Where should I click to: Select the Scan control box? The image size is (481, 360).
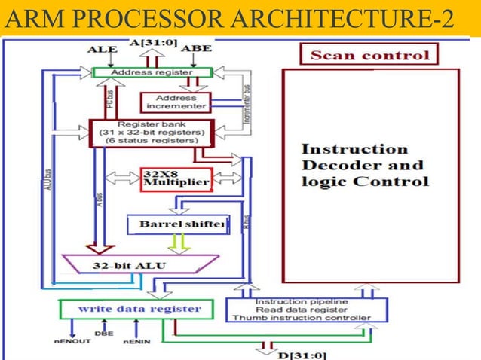pos(369,55)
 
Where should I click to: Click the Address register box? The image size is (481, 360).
pos(152,72)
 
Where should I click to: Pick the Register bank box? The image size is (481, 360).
pos(152,133)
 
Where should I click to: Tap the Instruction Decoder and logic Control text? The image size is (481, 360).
pos(366,165)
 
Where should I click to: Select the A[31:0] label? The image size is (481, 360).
pos(154,43)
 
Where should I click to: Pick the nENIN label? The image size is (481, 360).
pos(137,345)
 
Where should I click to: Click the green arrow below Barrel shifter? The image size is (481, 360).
pos(179,243)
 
